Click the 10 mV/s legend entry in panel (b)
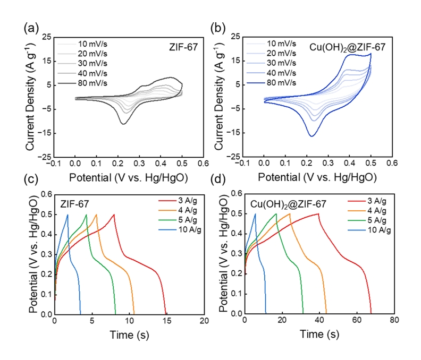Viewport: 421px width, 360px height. click(x=280, y=44)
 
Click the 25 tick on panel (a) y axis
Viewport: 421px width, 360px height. click(x=47, y=37)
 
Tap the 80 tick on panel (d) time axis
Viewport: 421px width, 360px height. click(x=393, y=322)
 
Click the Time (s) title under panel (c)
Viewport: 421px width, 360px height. click(x=130, y=335)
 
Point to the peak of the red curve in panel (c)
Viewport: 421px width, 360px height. click(x=114, y=215)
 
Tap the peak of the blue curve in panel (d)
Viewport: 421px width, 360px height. click(x=255, y=214)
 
